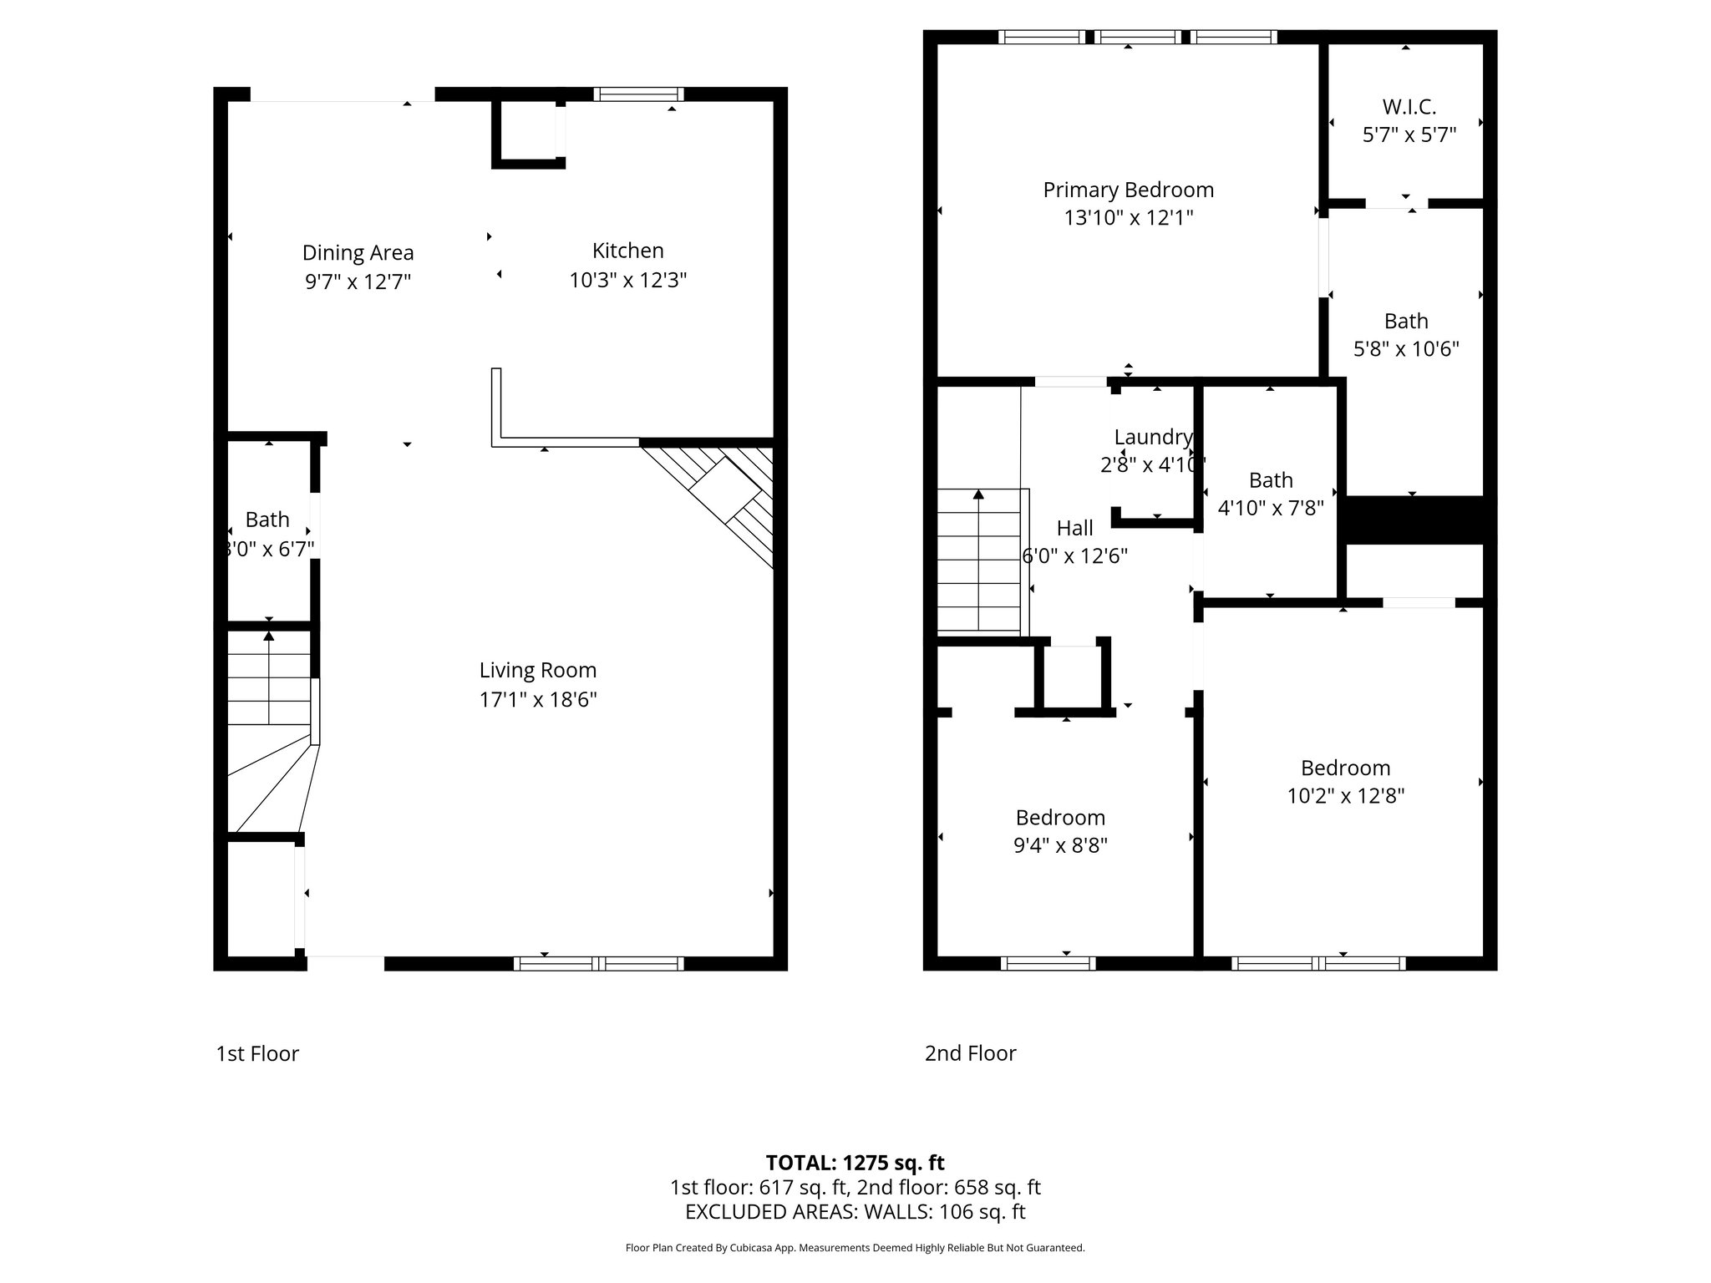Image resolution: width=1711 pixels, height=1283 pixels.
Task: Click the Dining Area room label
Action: point(358,252)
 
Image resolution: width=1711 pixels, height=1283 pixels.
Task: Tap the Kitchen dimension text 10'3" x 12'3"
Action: point(627,280)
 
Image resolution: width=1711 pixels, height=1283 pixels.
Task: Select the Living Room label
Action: point(537,670)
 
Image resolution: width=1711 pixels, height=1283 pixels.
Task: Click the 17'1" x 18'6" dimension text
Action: point(537,699)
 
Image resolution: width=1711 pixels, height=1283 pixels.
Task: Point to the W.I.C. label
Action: point(1409,107)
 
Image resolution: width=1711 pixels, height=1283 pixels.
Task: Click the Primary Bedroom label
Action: point(1128,190)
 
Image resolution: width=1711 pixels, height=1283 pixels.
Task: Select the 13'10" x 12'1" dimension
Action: point(1128,218)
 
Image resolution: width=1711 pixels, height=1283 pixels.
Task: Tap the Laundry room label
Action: point(1153,437)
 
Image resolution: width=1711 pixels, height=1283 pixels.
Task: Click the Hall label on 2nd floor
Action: point(1074,528)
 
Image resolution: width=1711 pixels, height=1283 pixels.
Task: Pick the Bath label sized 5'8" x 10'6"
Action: point(1406,321)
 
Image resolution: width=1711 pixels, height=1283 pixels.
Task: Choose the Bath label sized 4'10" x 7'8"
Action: point(1271,480)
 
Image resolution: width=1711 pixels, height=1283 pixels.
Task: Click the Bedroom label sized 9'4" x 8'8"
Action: point(1059,817)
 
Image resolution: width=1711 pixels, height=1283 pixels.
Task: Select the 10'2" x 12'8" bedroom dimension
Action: point(1345,796)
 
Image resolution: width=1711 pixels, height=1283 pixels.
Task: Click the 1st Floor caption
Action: point(257,1053)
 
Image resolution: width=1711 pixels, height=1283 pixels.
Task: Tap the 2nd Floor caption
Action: point(970,1052)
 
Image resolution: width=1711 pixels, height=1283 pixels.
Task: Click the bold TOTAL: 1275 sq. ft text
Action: point(855,1163)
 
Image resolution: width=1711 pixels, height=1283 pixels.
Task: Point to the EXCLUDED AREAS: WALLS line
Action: point(855,1211)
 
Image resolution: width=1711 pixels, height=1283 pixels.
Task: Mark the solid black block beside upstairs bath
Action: point(1415,520)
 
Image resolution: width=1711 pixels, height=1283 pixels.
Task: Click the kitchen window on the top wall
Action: point(638,94)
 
